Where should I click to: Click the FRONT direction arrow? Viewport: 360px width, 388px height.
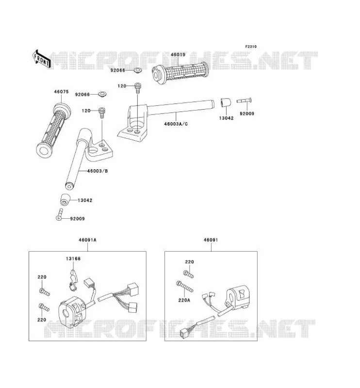(x=41, y=59)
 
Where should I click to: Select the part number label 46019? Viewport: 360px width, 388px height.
(x=178, y=55)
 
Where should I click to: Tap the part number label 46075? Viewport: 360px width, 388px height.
(x=61, y=92)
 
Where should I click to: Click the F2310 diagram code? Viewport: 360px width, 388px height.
(x=251, y=47)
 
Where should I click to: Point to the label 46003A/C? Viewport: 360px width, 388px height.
(x=176, y=124)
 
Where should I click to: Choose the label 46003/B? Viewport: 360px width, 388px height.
(x=98, y=171)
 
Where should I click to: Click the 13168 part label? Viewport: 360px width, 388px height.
(x=73, y=259)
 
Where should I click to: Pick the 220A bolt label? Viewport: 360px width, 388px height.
(x=184, y=300)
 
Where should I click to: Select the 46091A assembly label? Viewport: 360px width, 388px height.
(x=87, y=240)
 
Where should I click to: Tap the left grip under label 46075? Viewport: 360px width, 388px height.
(x=54, y=130)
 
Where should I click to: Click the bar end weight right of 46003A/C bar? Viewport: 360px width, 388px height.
(x=226, y=103)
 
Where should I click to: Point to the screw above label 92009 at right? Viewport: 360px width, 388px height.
(x=244, y=100)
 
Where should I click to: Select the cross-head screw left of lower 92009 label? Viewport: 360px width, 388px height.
(x=59, y=214)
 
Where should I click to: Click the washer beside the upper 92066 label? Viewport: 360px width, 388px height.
(x=137, y=70)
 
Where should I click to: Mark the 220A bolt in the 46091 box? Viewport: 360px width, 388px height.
(x=185, y=286)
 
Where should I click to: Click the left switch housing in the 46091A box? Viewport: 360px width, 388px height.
(x=72, y=311)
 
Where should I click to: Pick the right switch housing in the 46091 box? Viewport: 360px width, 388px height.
(x=237, y=298)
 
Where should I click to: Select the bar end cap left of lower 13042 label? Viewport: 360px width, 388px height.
(x=65, y=200)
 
